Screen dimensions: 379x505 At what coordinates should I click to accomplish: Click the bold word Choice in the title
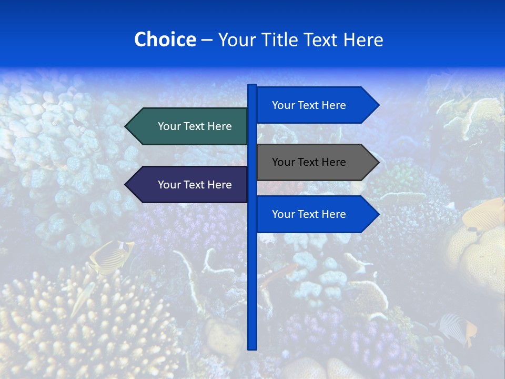click(x=165, y=39)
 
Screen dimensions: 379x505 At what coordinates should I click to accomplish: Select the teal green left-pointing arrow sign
click(x=189, y=126)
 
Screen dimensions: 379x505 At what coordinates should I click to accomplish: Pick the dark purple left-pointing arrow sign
click(x=189, y=185)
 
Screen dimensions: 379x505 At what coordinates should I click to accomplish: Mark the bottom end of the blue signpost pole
click(x=252, y=348)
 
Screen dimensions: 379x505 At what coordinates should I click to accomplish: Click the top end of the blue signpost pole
click(x=252, y=86)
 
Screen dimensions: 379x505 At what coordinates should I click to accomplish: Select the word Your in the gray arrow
click(x=283, y=162)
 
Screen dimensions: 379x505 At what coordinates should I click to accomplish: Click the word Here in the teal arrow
click(x=220, y=126)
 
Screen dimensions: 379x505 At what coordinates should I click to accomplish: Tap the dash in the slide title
click(x=207, y=40)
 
